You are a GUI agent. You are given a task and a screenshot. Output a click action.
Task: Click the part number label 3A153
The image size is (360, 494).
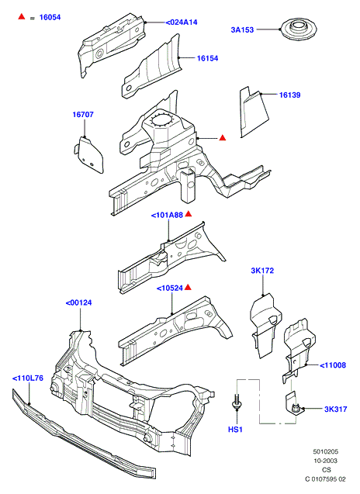click(242, 30)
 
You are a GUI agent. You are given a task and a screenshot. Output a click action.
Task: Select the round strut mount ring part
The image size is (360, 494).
click(299, 29)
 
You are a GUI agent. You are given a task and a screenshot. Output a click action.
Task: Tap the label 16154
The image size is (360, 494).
click(207, 58)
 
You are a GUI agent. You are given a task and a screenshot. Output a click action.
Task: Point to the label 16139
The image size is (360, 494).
click(289, 95)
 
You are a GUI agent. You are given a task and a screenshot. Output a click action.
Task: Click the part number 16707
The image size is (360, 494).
click(83, 114)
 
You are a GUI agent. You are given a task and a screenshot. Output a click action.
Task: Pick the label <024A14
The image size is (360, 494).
click(182, 22)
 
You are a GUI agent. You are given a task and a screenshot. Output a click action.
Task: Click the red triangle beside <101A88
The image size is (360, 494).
click(189, 214)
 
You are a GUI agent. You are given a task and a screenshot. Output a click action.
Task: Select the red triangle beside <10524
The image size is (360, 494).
click(188, 287)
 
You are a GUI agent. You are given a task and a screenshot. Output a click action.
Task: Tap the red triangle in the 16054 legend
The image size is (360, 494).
click(22, 16)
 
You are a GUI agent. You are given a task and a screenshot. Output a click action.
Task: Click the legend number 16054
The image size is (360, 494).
click(50, 18)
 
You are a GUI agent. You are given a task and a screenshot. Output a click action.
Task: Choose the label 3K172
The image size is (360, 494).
click(262, 271)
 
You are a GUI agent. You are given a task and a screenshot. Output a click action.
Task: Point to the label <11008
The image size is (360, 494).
click(333, 365)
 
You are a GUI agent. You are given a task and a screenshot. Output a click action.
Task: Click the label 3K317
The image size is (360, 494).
click(336, 409)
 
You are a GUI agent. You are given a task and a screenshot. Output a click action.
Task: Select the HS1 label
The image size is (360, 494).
click(235, 430)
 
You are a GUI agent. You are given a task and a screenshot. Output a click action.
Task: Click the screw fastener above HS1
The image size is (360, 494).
click(237, 402)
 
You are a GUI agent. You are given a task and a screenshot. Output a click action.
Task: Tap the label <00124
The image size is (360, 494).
click(78, 302)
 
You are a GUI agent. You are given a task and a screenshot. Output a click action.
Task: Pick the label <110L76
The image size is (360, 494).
click(28, 378)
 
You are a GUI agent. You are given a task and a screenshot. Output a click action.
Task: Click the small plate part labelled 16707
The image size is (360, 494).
click(89, 155)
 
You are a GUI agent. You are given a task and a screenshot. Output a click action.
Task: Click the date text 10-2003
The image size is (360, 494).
click(325, 461)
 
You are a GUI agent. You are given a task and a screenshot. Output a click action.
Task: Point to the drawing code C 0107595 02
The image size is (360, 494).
click(325, 479)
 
